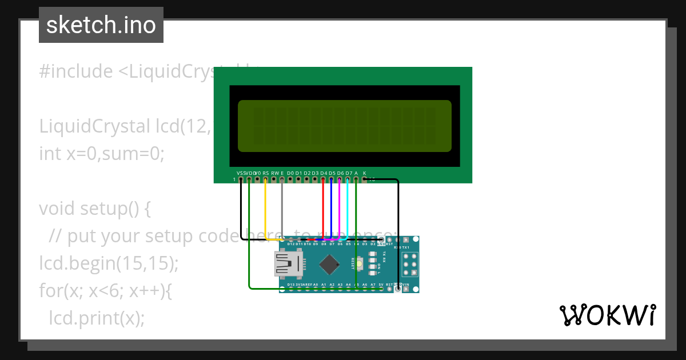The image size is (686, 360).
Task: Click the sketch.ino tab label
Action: coord(101,25)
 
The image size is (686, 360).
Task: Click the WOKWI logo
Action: coord(607,315)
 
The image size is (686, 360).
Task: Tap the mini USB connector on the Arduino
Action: coord(289,264)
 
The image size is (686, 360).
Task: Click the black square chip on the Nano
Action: coord(329,264)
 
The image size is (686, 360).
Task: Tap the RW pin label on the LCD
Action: coord(274,173)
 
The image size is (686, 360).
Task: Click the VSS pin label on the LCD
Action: coord(240,173)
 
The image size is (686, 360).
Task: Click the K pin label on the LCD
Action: coord(364,173)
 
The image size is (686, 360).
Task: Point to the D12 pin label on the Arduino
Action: coord(291,244)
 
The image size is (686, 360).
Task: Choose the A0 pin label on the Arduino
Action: coord(316,284)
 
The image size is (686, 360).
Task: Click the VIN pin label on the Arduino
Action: coord(406,284)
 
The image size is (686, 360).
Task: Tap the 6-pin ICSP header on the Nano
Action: coord(409,265)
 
